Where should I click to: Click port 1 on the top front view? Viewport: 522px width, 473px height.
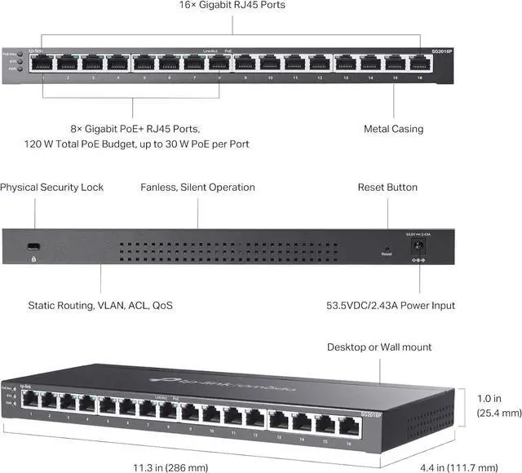42,63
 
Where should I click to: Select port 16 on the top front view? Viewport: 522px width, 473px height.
420,63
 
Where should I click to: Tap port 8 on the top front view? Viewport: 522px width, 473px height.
219,63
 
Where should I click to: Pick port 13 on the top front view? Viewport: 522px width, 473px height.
345,63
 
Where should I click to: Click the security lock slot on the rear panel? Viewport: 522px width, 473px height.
35,245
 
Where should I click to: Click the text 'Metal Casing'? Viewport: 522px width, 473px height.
393,129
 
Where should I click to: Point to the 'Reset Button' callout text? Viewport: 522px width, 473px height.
387,188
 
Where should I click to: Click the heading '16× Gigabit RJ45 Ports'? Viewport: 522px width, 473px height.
232,6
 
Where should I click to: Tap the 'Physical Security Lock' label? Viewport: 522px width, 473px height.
52,188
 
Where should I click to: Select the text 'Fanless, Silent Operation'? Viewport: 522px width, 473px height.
197,188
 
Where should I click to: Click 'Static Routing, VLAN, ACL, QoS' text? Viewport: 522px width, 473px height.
100,306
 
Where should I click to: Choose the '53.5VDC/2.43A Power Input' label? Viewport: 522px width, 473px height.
386,306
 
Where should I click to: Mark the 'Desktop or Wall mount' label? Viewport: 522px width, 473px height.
379,347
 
